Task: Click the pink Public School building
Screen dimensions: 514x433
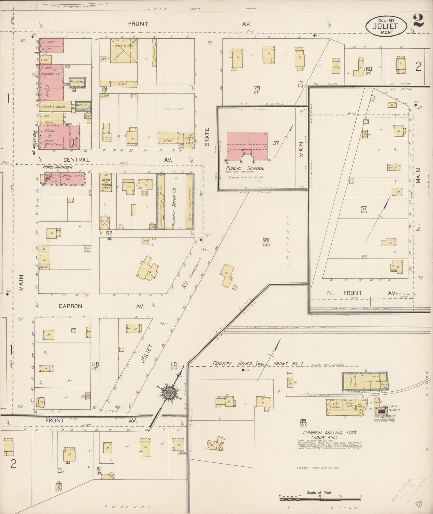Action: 247,146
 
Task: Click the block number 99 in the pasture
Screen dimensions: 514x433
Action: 265,241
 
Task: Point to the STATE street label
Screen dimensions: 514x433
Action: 207,137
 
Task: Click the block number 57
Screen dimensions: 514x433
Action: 364,208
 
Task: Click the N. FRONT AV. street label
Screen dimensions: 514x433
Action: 360,293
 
